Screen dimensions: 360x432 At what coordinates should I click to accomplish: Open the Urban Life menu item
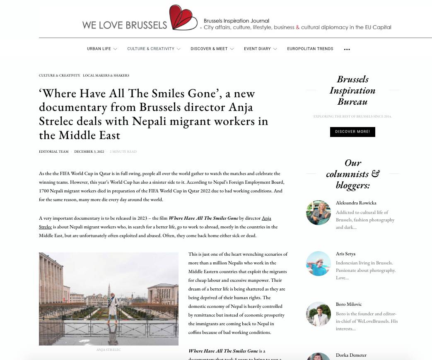coord(99,49)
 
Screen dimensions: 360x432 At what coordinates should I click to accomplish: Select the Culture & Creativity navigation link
coord(151,49)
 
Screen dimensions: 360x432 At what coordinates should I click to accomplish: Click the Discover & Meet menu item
coord(209,49)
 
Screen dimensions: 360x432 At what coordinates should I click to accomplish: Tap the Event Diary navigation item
coord(257,49)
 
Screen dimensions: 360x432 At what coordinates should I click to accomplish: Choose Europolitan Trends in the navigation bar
coord(310,49)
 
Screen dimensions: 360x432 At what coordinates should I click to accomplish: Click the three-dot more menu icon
coord(347,49)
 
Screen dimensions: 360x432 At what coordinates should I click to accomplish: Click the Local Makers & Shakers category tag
coord(106,76)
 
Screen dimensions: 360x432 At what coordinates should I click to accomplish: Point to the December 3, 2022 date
coord(89,152)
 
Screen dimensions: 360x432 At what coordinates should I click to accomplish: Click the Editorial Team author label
coord(54,152)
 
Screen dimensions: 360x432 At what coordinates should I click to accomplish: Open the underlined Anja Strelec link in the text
coord(266,218)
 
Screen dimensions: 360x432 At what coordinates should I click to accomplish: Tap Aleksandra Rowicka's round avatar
coord(319,213)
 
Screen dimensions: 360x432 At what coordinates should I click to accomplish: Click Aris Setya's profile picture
coord(319,264)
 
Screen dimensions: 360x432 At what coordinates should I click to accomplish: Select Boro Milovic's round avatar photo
coord(319,314)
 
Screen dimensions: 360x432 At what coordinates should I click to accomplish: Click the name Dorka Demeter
coord(351,355)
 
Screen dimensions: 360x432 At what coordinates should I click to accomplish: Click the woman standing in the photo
coord(112,306)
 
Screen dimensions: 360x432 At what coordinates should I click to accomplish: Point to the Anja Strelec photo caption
coord(109,350)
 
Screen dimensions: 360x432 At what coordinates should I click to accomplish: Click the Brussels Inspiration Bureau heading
coord(352,90)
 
